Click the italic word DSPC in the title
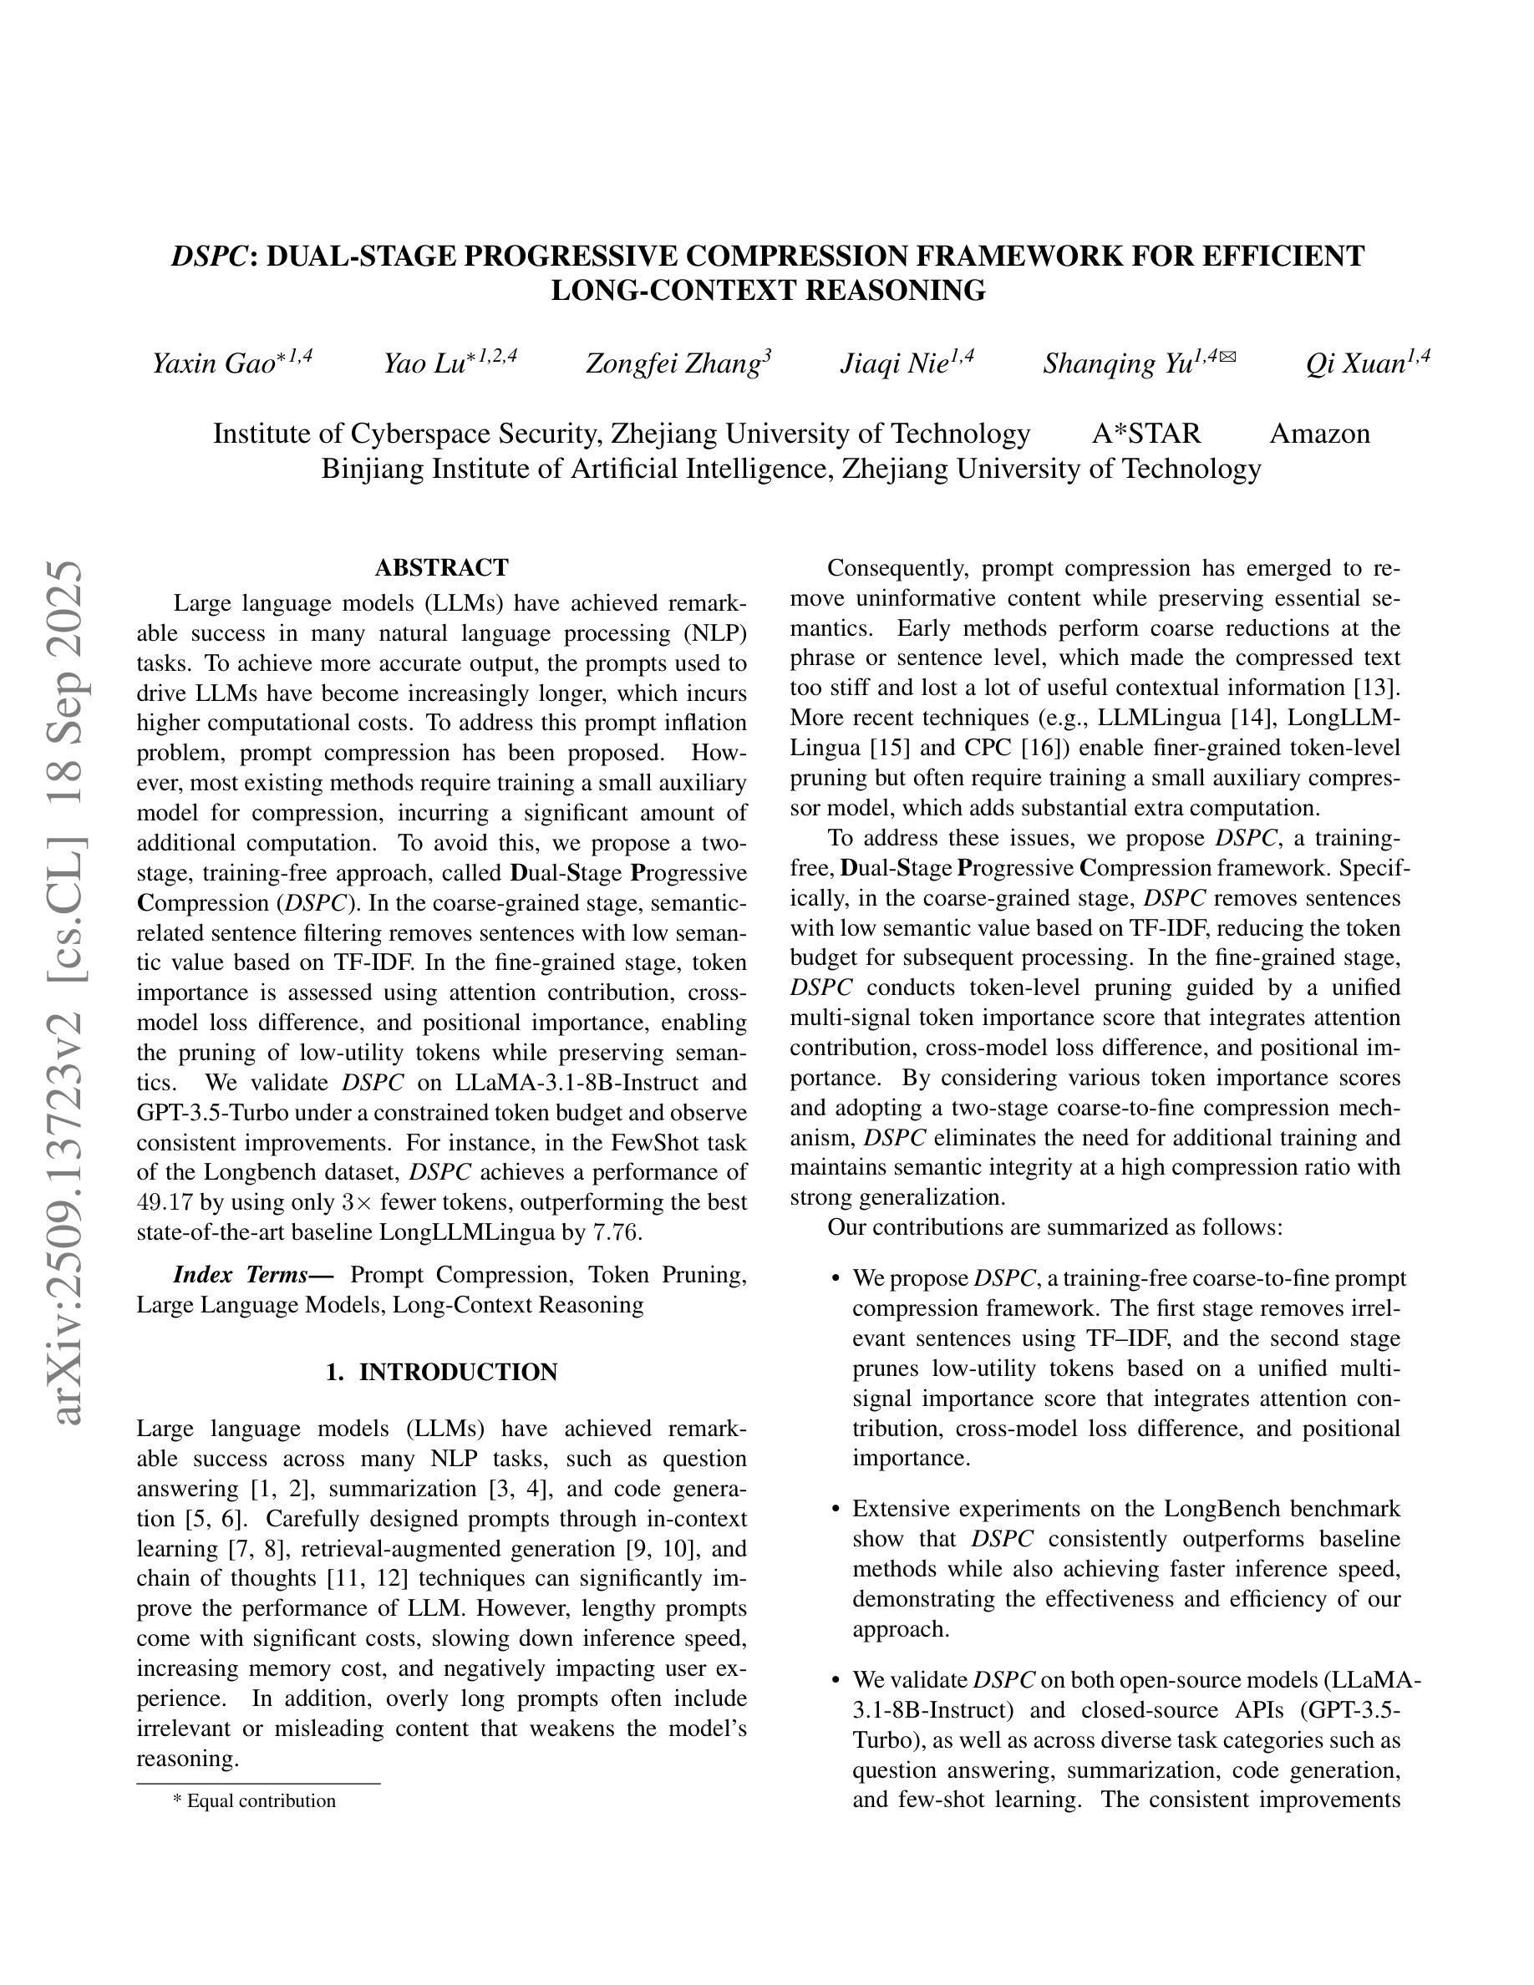point(208,256)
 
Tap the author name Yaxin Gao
point(215,363)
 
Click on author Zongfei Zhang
point(673,363)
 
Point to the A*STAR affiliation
point(1146,434)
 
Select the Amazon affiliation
point(1318,434)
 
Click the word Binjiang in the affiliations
point(372,469)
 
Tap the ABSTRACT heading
point(442,568)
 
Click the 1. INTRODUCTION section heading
point(442,1373)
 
